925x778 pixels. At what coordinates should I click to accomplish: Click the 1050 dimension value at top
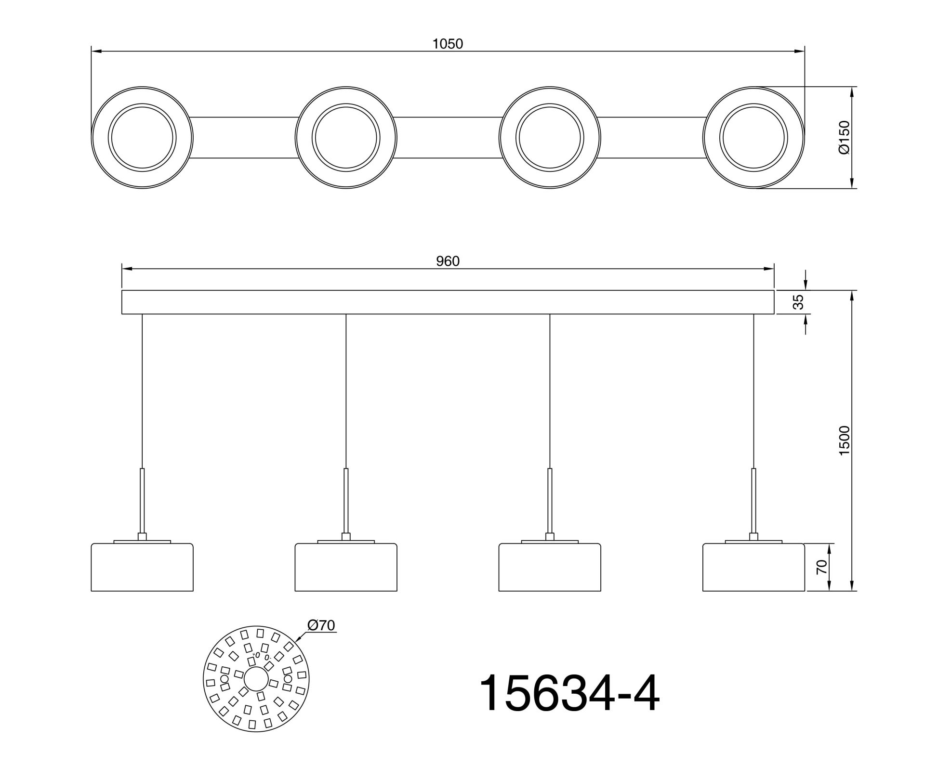click(x=448, y=44)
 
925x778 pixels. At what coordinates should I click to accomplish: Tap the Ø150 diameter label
click(x=845, y=137)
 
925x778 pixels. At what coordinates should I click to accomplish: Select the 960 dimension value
click(x=448, y=261)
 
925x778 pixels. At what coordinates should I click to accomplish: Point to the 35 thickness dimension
click(x=798, y=302)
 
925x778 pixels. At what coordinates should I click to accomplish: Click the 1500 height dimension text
click(x=845, y=441)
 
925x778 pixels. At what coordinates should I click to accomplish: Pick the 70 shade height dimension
click(x=822, y=567)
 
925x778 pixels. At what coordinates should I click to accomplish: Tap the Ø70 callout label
click(x=321, y=625)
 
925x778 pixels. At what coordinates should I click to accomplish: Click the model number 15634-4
click(x=568, y=694)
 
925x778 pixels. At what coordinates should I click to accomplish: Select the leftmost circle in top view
click(x=142, y=137)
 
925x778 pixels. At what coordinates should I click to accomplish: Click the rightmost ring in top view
click(x=753, y=137)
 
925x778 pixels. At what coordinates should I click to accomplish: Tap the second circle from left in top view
click(x=346, y=137)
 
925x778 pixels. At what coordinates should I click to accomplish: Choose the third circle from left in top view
click(x=550, y=137)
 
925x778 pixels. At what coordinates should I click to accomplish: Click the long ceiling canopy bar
click(x=448, y=302)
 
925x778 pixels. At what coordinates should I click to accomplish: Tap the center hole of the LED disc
click(x=256, y=679)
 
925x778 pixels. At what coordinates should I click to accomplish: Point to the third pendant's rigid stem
click(x=550, y=501)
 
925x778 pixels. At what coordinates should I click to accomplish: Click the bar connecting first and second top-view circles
click(x=244, y=137)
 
